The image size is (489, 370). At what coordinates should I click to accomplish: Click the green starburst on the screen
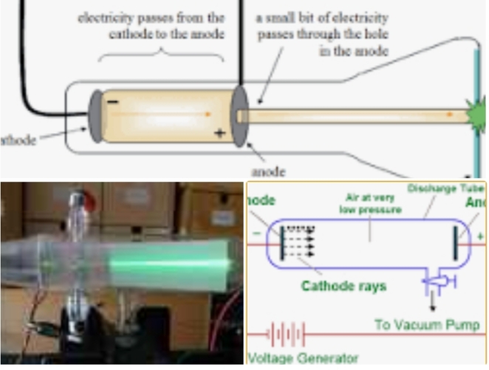point(476,116)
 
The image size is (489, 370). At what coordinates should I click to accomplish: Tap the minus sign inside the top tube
point(112,102)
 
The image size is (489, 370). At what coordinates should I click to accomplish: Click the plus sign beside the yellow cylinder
point(219,134)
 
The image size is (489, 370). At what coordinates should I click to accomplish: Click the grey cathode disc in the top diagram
point(95,114)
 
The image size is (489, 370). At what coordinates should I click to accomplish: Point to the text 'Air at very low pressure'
point(370,205)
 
